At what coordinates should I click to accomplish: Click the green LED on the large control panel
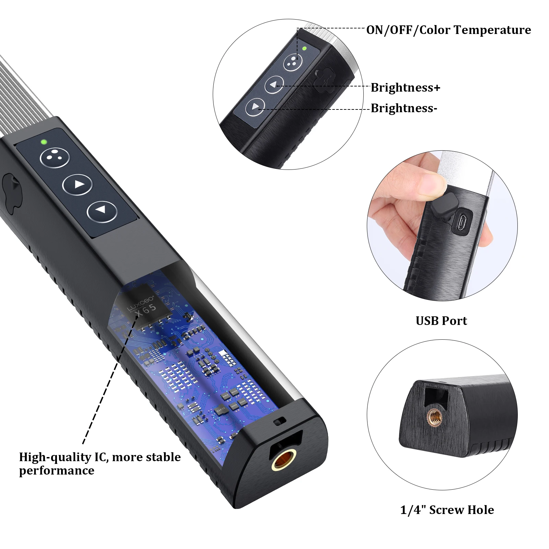pyautogui.click(x=44, y=141)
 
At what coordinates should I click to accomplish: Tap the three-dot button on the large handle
pyautogui.click(x=55, y=157)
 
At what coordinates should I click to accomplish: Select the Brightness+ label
pyautogui.click(x=405, y=87)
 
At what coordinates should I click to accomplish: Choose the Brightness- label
pyautogui.click(x=404, y=108)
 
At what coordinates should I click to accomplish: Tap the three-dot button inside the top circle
pyautogui.click(x=292, y=62)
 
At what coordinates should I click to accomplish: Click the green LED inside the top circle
pyautogui.click(x=304, y=48)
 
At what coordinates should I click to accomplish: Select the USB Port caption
pyautogui.click(x=441, y=320)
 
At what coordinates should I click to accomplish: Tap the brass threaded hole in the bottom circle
pyautogui.click(x=434, y=418)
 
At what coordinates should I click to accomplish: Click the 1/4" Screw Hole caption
pyautogui.click(x=447, y=510)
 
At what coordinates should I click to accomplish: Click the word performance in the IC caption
pyautogui.click(x=57, y=470)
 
